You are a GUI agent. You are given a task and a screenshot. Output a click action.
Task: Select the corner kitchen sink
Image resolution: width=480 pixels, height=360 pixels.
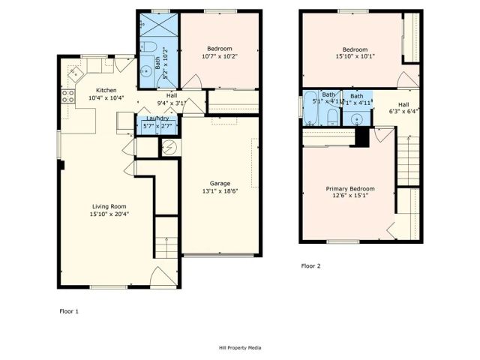(x=75, y=73)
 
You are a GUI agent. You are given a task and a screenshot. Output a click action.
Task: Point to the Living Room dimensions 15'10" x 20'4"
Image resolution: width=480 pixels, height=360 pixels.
(x=107, y=213)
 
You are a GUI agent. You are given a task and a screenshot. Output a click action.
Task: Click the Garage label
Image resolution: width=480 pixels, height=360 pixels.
(x=220, y=183)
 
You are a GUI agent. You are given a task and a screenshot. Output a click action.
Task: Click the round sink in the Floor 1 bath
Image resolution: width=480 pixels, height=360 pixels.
(x=145, y=73)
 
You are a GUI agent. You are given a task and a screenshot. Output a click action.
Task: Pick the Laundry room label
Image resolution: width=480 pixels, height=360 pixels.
(x=157, y=118)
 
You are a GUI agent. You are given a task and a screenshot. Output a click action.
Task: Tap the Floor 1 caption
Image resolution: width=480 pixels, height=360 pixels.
(x=69, y=310)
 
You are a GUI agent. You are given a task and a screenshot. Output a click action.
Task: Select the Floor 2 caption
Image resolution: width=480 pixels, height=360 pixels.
(x=310, y=265)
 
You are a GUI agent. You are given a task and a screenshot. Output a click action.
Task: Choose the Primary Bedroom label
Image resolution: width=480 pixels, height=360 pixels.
(x=349, y=188)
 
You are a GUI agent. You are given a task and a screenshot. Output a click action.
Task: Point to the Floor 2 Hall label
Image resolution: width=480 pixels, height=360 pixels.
(x=403, y=104)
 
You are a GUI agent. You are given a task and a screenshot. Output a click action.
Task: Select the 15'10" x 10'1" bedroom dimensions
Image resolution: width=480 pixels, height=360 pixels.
(x=349, y=55)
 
